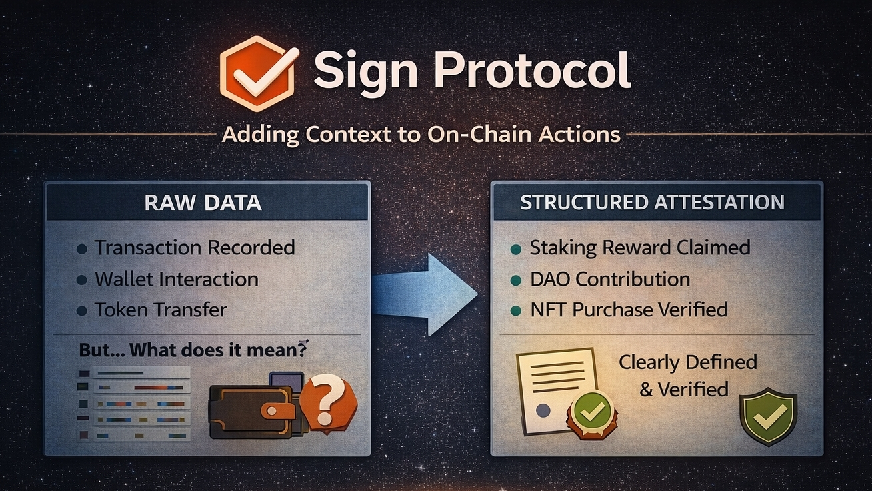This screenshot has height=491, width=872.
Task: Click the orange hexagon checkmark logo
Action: click(x=257, y=73)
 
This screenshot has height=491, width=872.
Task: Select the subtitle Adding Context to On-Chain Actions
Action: click(x=421, y=134)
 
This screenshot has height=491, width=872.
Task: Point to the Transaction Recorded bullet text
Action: click(x=194, y=248)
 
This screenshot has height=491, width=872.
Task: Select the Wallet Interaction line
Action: click(x=176, y=279)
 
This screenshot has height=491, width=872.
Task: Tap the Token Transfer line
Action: click(x=161, y=310)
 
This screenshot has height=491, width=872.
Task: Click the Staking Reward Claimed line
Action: click(x=639, y=248)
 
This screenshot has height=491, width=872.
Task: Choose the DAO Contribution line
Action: click(x=609, y=279)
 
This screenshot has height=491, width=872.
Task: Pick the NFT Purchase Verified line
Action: click(x=628, y=310)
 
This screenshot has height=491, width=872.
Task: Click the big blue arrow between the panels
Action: click(x=427, y=294)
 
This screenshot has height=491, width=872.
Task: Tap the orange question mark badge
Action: click(x=327, y=400)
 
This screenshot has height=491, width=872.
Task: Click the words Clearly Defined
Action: click(x=687, y=362)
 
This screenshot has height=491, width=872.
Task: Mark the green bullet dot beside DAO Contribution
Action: click(x=515, y=280)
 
